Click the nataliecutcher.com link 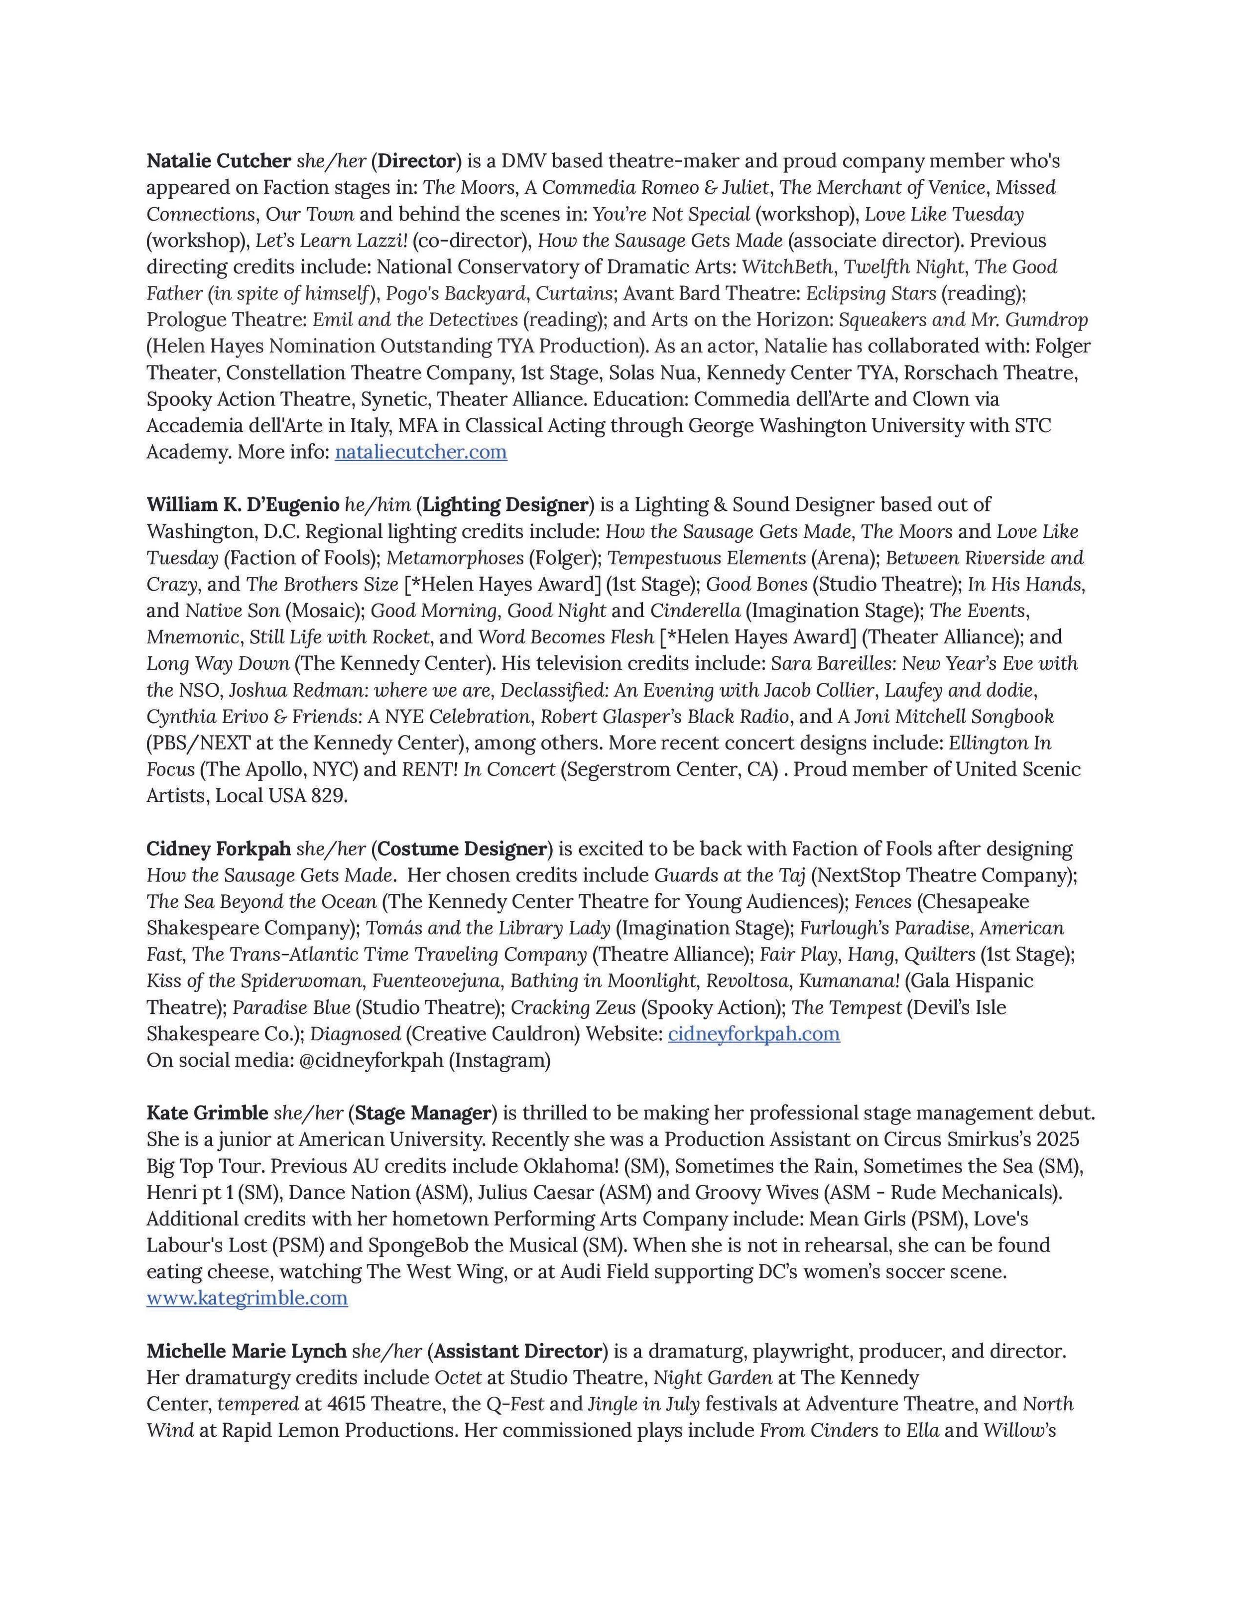(x=420, y=452)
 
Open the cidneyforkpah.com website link (x=754, y=1034)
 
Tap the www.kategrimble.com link (x=247, y=1298)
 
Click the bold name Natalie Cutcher (x=219, y=161)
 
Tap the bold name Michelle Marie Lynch (x=247, y=1352)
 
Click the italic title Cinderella (x=695, y=611)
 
